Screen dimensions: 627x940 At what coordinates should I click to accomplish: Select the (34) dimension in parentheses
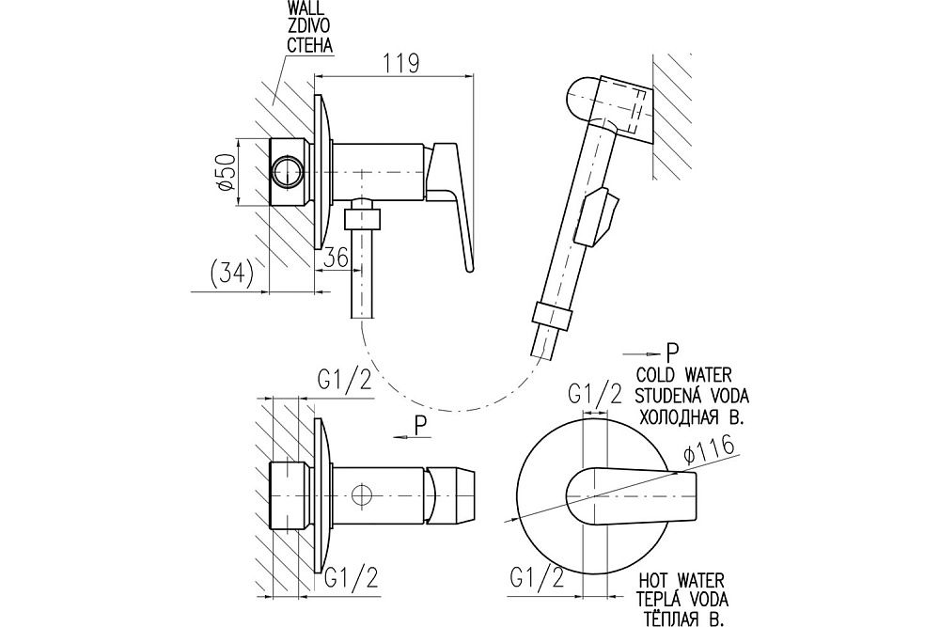[227, 273]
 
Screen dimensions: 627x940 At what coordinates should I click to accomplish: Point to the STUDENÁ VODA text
[695, 393]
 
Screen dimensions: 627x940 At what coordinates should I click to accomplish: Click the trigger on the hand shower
[600, 215]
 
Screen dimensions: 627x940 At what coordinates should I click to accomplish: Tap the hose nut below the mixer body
[362, 219]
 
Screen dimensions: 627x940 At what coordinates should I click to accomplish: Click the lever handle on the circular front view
[639, 493]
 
